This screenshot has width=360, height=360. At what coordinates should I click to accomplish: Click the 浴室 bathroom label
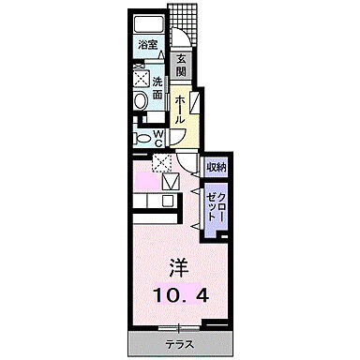point(148,44)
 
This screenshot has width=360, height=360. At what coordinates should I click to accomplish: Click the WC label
point(158,138)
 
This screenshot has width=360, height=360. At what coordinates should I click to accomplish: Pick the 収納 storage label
point(216,166)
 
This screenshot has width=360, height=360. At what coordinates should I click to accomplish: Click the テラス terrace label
point(177,342)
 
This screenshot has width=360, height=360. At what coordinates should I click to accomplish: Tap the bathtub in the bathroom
point(149,25)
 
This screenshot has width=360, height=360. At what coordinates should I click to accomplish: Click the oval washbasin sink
point(140,100)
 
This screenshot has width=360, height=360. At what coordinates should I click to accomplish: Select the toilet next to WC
point(142,138)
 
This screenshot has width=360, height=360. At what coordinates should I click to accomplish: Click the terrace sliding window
point(178,327)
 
